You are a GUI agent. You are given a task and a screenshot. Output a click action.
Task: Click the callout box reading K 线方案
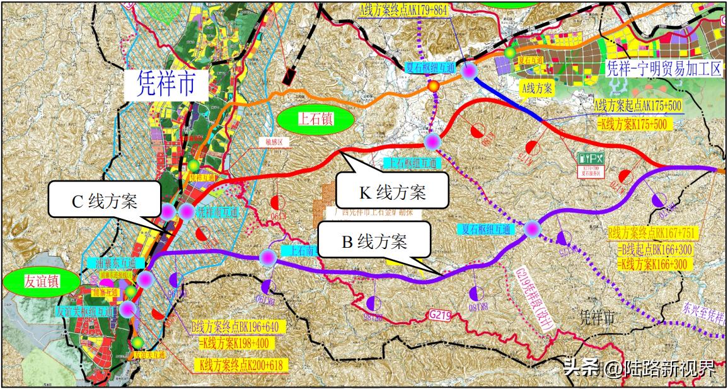tap(391, 190)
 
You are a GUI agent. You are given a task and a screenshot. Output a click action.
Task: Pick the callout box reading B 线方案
tap(374, 241)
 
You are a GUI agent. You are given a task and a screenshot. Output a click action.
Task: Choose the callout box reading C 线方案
tap(103, 201)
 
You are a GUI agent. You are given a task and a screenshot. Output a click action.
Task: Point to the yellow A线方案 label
tap(538, 89)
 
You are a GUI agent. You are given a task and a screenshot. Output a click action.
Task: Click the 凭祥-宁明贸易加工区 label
tap(662, 69)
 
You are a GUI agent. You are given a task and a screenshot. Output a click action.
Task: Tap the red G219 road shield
tap(441, 313)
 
